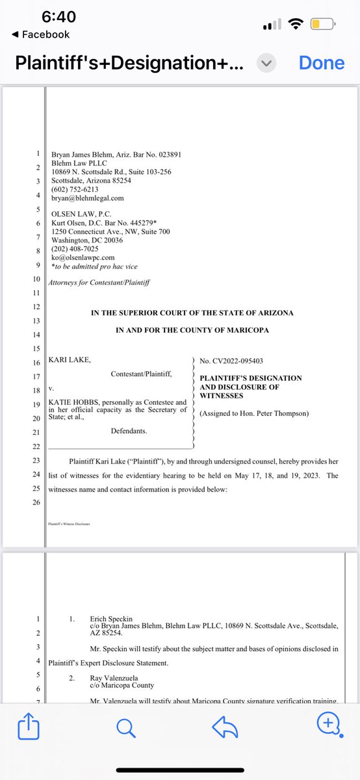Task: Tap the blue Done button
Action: pyautogui.click(x=321, y=63)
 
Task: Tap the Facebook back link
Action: pyautogui.click(x=40, y=34)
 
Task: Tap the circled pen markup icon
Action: pyautogui.click(x=328, y=742)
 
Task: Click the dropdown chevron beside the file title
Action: pyautogui.click(x=267, y=63)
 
